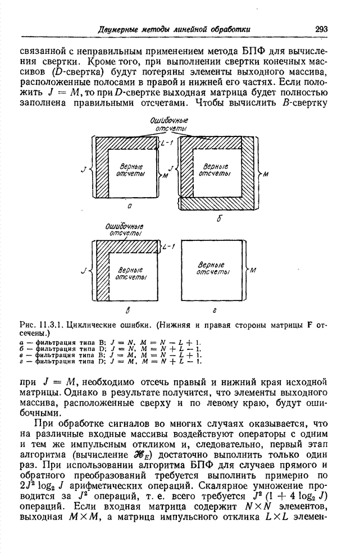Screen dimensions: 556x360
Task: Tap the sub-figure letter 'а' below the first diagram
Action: pyautogui.click(x=130, y=206)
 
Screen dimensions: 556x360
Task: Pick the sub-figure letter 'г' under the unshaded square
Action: pyautogui.click(x=215, y=309)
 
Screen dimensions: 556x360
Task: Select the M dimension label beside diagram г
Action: pyautogui.click(x=253, y=270)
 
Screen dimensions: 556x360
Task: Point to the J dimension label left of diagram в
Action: pyautogui.click(x=83, y=271)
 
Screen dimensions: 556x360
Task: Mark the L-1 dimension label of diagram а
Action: pyautogui.click(x=167, y=144)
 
